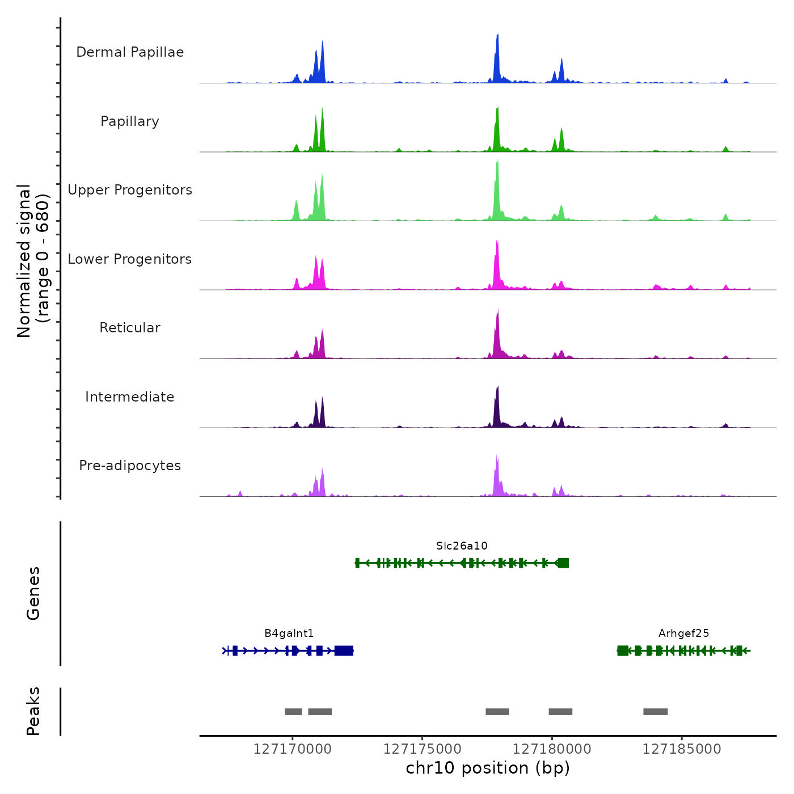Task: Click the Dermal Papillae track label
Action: pos(130,52)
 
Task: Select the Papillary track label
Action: pos(130,121)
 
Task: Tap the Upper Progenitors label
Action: pos(130,190)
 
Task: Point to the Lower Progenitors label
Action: pos(130,259)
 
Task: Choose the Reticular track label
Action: pos(130,328)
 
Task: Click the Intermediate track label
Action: pos(130,397)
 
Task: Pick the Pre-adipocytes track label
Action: pos(130,466)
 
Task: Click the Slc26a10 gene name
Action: pos(462,546)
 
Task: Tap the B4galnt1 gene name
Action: pos(289,633)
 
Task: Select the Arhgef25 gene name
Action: pos(683,633)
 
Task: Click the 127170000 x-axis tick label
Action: pos(292,749)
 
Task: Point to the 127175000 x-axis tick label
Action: pos(422,749)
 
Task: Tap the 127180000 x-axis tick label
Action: pos(552,749)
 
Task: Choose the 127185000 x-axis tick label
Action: pos(682,749)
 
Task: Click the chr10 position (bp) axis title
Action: pos(488,768)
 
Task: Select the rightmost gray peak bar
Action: pos(656,712)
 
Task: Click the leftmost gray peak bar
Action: pos(293,712)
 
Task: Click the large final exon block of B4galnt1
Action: pos(344,651)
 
